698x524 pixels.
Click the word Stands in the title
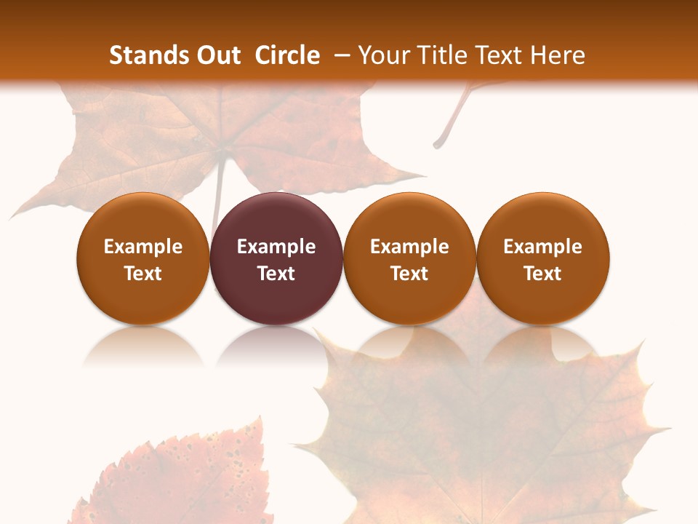pos(148,55)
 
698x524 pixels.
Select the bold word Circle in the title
pos(287,55)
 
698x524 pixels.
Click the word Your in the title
pos(382,55)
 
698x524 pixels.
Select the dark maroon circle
pos(276,258)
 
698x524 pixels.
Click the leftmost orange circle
pos(143,258)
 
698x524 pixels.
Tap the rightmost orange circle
pos(543,258)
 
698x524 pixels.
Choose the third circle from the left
pos(409,258)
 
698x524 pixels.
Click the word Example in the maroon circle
pos(276,247)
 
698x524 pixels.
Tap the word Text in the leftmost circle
pos(143,274)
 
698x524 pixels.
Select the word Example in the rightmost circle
pos(543,247)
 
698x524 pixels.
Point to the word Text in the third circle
pos(409,274)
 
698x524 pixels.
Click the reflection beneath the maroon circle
pos(276,346)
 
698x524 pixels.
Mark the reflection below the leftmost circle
pos(143,346)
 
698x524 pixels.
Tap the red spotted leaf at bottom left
pos(182,473)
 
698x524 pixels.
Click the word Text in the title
pos(502,55)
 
